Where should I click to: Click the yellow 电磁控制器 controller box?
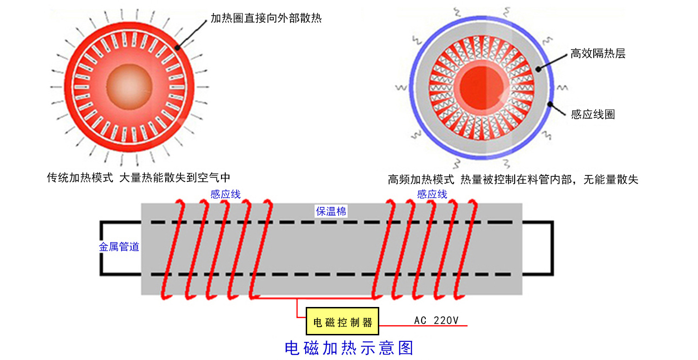click(x=342, y=321)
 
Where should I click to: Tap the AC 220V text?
click(x=436, y=320)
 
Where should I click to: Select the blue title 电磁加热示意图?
click(x=349, y=347)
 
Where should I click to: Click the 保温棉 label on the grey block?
click(x=331, y=212)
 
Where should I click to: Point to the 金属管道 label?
click(x=119, y=247)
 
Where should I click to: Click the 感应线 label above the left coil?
click(x=225, y=194)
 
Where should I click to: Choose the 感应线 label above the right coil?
click(x=432, y=194)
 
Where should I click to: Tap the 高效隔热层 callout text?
click(x=598, y=54)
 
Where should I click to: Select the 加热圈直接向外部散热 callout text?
click(x=266, y=19)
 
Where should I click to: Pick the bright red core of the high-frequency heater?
click(x=482, y=86)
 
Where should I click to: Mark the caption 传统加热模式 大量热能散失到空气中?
click(x=139, y=178)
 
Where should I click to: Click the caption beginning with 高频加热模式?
click(x=513, y=180)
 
